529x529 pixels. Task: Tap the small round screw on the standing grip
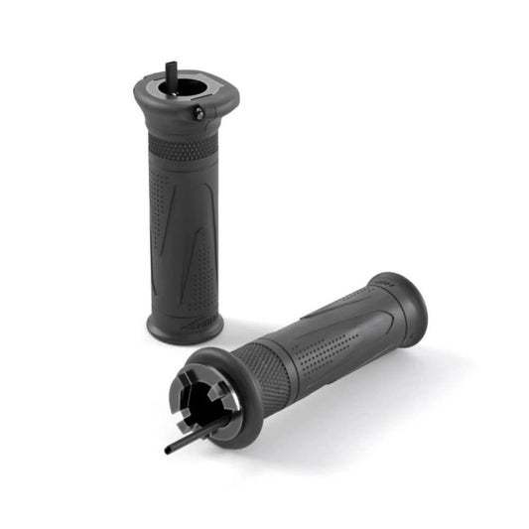click(198, 114)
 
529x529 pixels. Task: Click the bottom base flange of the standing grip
click(185, 329)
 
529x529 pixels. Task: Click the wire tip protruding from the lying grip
click(170, 449)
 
